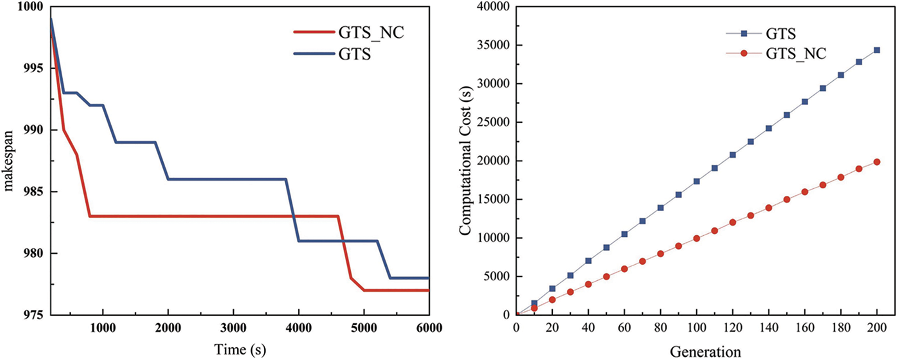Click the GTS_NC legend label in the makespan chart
pyautogui.click(x=371, y=33)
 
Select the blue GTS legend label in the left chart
pyautogui.click(x=355, y=54)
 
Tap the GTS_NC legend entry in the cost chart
pyautogui.click(x=796, y=53)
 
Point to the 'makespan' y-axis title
pyautogui.click(x=9, y=160)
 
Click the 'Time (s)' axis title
pyautogui.click(x=240, y=349)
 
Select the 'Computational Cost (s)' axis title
pyautogui.click(x=465, y=160)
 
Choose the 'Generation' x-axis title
pyautogui.click(x=705, y=351)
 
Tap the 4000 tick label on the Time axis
pyautogui.click(x=298, y=328)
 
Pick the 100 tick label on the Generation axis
pyautogui.click(x=697, y=328)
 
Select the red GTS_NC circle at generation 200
pyautogui.click(x=877, y=162)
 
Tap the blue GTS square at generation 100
pyautogui.click(x=697, y=181)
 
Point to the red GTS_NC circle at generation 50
pyautogui.click(x=606, y=277)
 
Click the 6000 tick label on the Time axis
pyautogui.click(x=429, y=328)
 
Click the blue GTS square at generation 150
pyautogui.click(x=787, y=115)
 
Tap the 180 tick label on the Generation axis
pyautogui.click(x=841, y=328)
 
